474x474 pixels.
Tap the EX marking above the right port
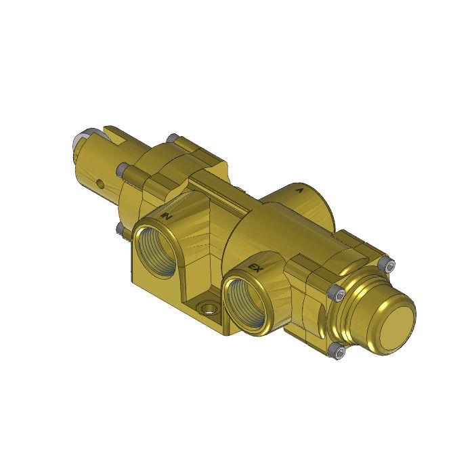coord(256,269)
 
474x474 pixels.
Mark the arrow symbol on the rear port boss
coord(301,192)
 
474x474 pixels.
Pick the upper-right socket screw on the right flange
coord(387,263)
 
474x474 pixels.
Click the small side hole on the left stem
coord(100,182)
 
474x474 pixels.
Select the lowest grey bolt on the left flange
coord(120,230)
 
